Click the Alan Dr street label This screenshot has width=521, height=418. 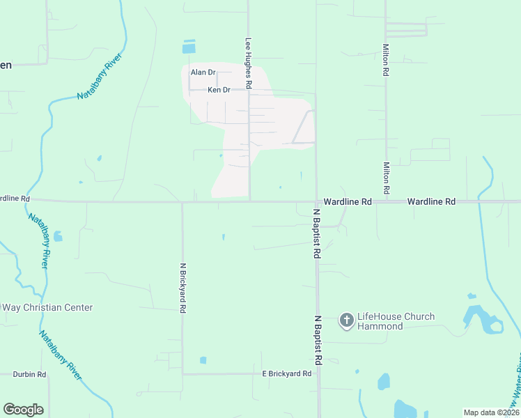point(203,72)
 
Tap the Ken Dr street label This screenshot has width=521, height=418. point(219,90)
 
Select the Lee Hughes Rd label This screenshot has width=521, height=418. point(247,63)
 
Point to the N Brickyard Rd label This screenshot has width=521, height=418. point(183,287)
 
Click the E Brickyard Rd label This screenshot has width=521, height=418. point(286,374)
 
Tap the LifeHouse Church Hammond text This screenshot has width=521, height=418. point(396,321)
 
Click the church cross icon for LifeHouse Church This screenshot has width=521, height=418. point(346,321)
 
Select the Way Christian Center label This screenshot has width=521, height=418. point(47,307)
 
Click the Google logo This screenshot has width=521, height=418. point(23,410)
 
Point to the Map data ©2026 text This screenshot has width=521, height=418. point(491,412)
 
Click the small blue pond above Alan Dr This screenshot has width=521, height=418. point(189,47)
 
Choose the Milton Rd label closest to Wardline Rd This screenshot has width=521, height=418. point(385,178)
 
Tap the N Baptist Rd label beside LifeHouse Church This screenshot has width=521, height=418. point(317,341)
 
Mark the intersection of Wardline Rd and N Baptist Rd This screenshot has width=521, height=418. point(317,202)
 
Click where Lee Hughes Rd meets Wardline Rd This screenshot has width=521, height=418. point(250,202)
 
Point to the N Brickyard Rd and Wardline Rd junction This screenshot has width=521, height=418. point(182,203)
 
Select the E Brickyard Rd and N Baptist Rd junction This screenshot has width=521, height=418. point(318,374)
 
